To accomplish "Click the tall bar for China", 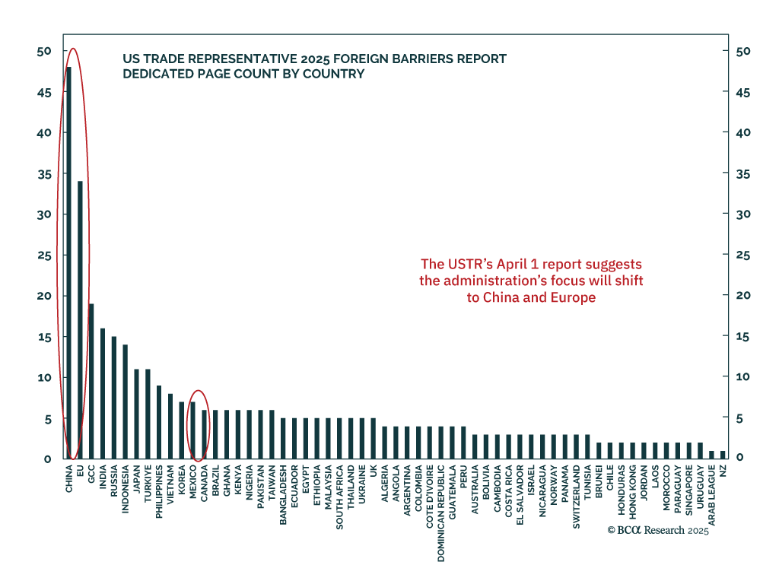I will tap(68, 262).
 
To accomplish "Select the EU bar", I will tap(80, 319).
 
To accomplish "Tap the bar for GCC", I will tap(91, 380).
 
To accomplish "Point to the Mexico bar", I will tap(192, 429).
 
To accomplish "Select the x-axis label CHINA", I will tap(69, 479).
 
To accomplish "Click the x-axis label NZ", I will tap(723, 471).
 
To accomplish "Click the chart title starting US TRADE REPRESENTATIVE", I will tap(314, 66).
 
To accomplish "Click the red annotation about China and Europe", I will tap(531, 281).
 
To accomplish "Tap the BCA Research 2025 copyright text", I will tap(657, 531).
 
